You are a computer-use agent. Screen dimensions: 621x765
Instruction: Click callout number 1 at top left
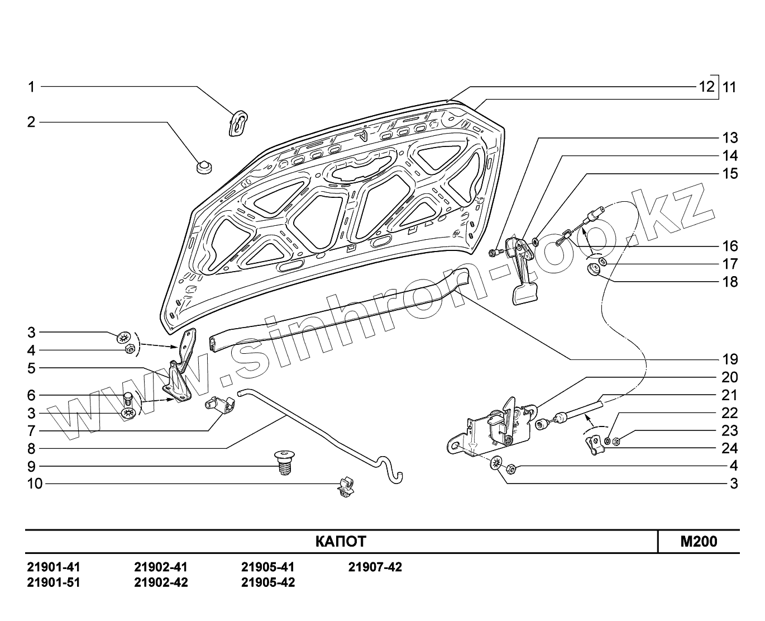(x=32, y=87)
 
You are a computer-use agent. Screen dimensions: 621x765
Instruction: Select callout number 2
(x=32, y=122)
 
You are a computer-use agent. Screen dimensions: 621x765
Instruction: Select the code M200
(x=699, y=541)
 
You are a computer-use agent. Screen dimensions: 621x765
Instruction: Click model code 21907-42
(x=375, y=567)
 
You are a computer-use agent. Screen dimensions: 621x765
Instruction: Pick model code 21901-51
(x=54, y=582)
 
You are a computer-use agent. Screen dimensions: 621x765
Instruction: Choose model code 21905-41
(x=267, y=567)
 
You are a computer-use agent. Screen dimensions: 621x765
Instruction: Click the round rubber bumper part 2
(x=204, y=166)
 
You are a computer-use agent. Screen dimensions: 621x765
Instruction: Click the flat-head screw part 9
(x=285, y=462)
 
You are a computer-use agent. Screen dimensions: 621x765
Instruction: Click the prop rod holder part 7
(x=221, y=406)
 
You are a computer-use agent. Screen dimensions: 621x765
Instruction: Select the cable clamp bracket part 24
(x=594, y=445)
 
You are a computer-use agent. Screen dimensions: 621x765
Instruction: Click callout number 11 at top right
(x=729, y=87)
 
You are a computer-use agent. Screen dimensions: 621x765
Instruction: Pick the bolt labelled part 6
(x=127, y=399)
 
